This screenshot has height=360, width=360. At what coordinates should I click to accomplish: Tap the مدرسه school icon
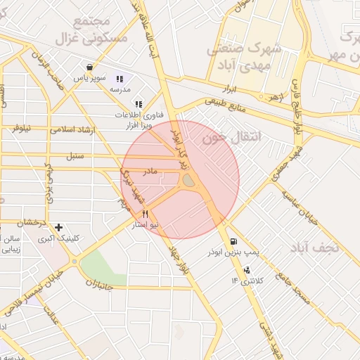(x=120, y=79)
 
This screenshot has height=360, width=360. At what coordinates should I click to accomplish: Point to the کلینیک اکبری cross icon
(x=58, y=227)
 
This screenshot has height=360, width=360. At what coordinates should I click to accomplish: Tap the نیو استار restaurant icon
(x=145, y=214)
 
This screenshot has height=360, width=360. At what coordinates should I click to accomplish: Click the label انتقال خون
(x=231, y=138)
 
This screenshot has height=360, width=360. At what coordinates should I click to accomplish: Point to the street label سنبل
(x=74, y=155)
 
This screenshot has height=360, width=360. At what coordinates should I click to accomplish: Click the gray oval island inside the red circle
(x=188, y=181)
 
